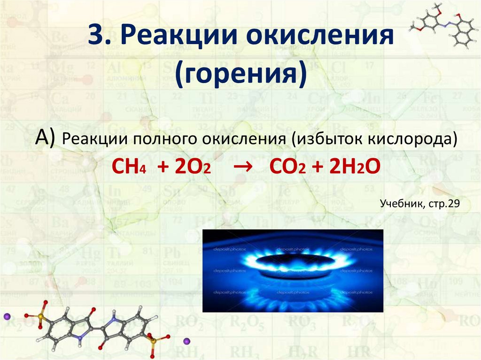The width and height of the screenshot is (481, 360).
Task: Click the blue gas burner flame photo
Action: tap(292, 271)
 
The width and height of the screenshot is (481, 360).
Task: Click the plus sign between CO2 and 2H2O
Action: tap(315, 167)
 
